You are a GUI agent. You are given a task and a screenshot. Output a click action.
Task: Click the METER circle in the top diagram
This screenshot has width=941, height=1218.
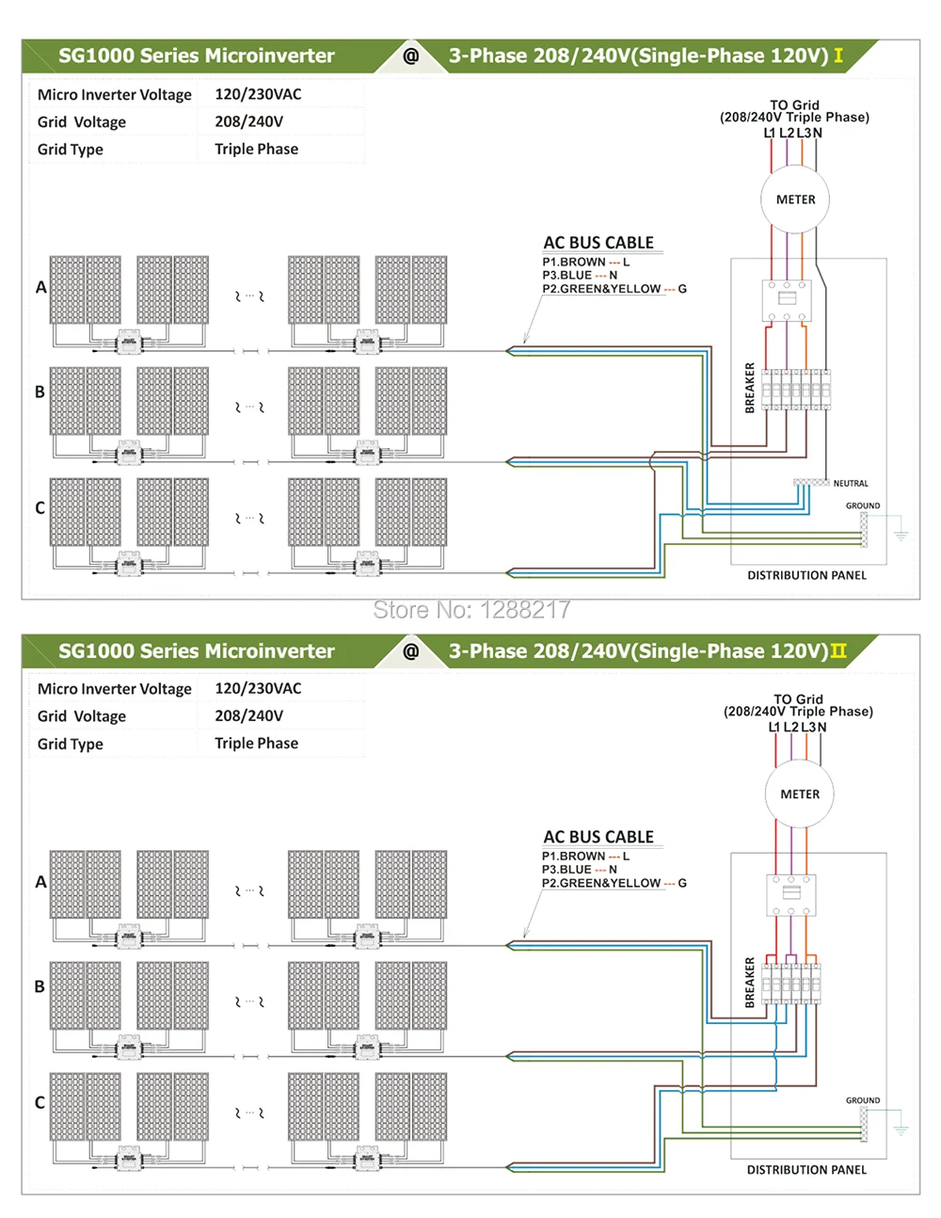click(795, 200)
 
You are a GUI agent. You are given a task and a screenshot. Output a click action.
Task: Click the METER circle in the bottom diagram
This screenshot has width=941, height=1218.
click(800, 794)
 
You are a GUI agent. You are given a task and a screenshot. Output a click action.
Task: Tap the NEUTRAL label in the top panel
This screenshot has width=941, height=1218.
click(851, 484)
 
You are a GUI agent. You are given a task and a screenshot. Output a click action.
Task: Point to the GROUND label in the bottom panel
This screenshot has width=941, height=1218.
click(863, 1100)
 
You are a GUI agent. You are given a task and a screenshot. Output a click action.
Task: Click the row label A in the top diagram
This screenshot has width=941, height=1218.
click(40, 287)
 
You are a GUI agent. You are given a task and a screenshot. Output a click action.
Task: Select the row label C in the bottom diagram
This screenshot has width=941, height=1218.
click(40, 1102)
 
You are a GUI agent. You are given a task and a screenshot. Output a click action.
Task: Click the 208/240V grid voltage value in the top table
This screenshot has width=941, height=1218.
click(248, 121)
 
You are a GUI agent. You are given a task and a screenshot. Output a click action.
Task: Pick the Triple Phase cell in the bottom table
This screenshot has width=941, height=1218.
click(256, 744)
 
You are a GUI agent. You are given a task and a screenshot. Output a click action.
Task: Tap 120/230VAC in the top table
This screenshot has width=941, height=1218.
click(258, 94)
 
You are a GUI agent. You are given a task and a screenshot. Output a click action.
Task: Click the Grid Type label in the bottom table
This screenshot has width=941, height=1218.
click(71, 744)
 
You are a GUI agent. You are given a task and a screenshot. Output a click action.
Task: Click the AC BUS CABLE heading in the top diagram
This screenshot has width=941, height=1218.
click(598, 243)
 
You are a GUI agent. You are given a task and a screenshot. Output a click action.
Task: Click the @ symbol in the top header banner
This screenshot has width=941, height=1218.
click(411, 56)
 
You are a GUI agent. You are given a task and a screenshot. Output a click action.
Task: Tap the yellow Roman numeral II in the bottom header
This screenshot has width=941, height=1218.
click(838, 651)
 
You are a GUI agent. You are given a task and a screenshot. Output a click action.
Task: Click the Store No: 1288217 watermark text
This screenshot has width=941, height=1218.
click(471, 610)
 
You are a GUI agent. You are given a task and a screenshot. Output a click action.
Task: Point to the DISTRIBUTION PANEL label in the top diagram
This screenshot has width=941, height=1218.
click(806, 575)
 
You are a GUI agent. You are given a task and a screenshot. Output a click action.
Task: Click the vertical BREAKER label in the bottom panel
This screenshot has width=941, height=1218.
click(750, 983)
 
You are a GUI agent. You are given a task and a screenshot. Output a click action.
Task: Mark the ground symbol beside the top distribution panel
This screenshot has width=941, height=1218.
click(901, 534)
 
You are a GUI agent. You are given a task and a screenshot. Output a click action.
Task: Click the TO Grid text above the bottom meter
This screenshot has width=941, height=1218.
click(798, 699)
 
